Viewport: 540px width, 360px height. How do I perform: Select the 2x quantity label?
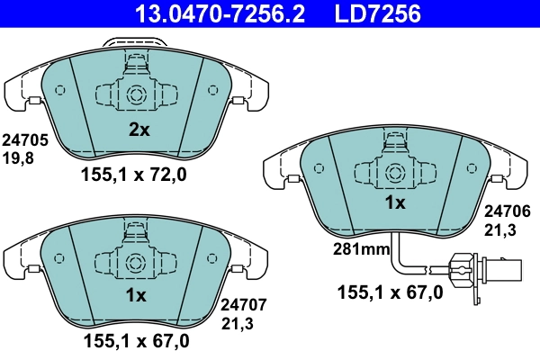pos(138,130)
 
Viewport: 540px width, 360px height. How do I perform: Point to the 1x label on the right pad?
pos(395,203)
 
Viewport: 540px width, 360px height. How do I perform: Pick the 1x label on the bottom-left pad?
pos(136,295)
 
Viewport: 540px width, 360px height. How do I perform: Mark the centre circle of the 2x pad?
pos(137,94)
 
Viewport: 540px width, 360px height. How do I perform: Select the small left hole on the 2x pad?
pos(59,90)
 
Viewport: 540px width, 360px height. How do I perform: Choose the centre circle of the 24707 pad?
pos(137,262)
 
